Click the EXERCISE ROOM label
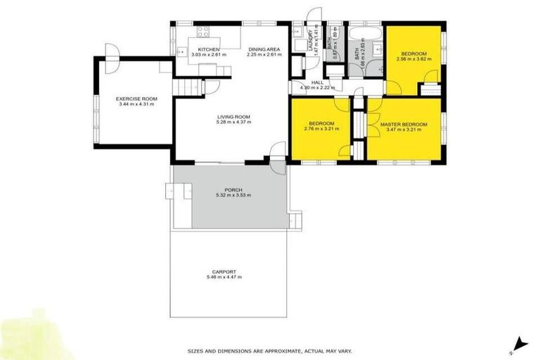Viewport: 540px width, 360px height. [x=136, y=99]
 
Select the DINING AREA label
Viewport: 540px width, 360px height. [x=264, y=49]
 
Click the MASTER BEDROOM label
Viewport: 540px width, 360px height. [x=404, y=124]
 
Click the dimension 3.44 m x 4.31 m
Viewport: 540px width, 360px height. [x=136, y=105]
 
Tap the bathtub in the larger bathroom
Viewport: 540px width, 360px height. [x=364, y=32]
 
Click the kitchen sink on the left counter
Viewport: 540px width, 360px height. [x=181, y=51]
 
